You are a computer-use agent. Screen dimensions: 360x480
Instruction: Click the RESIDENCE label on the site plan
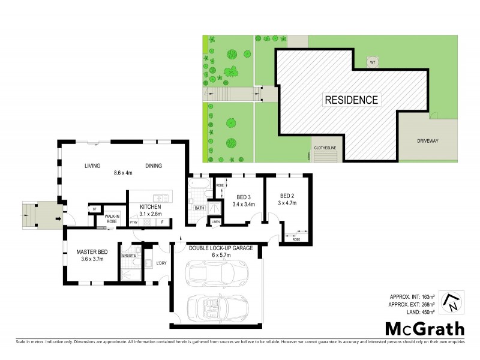point(351,100)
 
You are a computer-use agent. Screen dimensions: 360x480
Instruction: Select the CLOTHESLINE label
point(325,148)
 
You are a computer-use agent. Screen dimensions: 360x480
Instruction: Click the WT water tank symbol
point(372,62)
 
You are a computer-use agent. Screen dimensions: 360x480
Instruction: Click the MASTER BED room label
point(92,252)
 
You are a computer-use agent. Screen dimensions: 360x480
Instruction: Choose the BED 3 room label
point(244,197)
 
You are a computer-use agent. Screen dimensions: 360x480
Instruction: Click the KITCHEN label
point(151,207)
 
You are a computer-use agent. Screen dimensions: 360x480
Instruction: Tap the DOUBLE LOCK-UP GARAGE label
point(221,248)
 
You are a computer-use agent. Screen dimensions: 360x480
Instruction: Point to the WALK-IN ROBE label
point(112,219)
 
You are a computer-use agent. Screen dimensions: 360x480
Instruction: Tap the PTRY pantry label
point(134,223)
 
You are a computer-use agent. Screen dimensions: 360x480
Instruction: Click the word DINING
point(154,166)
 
